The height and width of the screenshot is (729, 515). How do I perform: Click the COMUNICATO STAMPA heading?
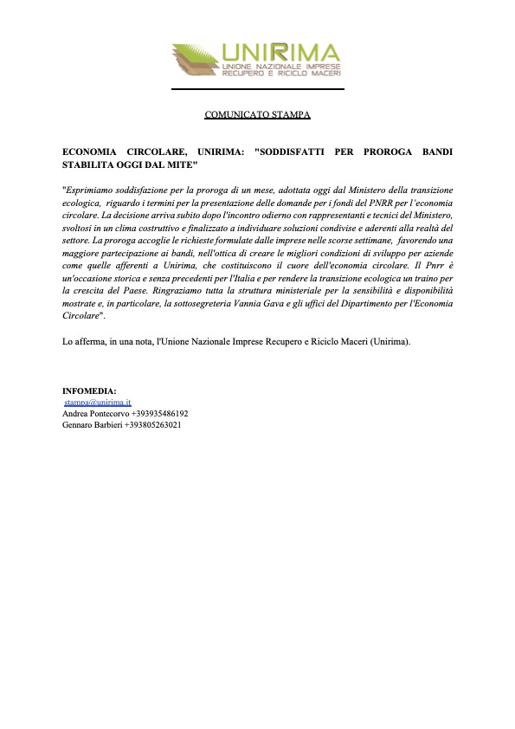click(257, 114)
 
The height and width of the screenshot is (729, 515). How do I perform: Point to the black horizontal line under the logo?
click(257, 89)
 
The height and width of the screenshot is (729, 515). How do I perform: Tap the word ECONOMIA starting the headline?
click(90, 152)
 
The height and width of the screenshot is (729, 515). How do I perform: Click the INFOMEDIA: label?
click(89, 391)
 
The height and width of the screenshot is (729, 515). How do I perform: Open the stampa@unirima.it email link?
click(97, 403)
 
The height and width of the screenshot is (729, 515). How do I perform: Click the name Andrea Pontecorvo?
click(95, 414)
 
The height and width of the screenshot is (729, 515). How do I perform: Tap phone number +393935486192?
click(159, 414)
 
